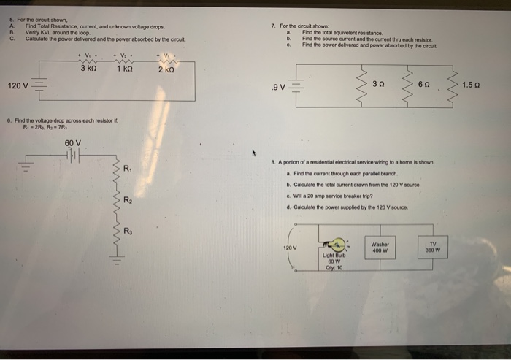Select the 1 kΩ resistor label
pyautogui.click(x=124, y=69)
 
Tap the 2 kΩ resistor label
pyautogui.click(x=166, y=70)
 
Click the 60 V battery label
pyautogui.click(x=73, y=142)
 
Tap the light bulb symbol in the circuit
pyautogui.click(x=339, y=245)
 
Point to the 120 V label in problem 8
pyautogui.click(x=290, y=248)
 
